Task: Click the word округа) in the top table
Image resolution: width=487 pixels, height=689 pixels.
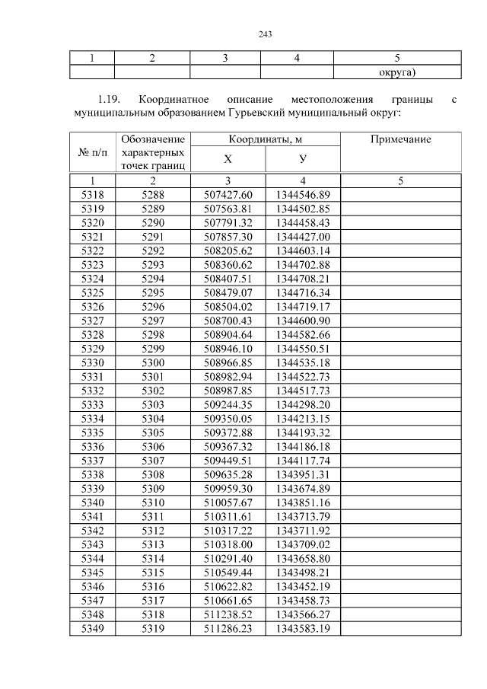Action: point(397,72)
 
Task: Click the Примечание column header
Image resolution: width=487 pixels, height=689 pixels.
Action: point(399,139)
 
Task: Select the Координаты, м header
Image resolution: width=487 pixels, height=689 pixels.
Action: point(265,139)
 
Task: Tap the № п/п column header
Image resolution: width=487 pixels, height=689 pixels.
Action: point(92,152)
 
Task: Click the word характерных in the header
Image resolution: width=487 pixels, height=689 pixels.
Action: point(153,152)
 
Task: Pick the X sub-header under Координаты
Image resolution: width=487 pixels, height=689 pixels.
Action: point(228,159)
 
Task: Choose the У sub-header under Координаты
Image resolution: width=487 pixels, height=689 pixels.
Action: point(302,159)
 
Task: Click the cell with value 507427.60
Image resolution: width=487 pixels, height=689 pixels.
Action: point(228,194)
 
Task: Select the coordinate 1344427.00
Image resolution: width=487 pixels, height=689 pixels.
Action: point(302,237)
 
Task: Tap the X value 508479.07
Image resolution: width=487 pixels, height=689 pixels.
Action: point(228,292)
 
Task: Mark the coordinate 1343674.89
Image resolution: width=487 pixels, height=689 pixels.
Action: point(302,488)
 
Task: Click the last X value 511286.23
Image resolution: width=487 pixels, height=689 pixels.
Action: point(228,628)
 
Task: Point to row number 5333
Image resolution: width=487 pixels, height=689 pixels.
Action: point(92,404)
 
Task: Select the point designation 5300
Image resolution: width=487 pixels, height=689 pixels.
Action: point(153,362)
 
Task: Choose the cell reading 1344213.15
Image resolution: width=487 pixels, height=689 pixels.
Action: point(302,418)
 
